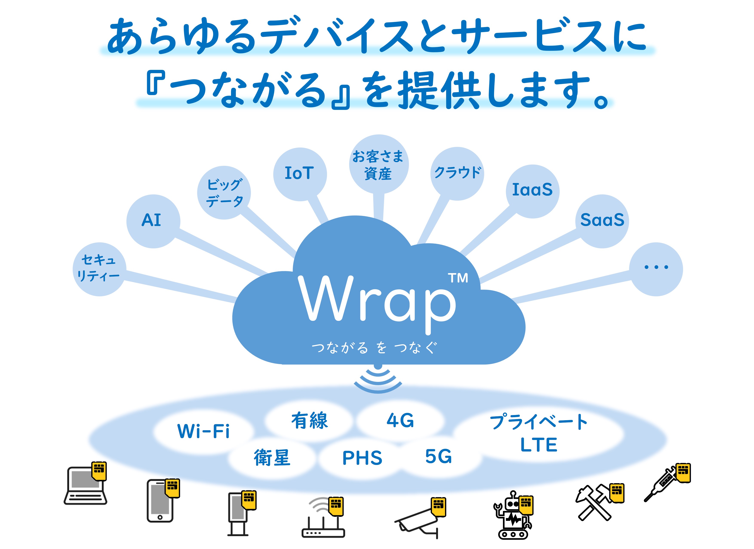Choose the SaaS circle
[602, 221]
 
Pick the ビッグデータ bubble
[224, 192]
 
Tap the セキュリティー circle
[99, 269]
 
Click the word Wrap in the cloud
[377, 301]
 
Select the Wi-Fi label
[203, 432]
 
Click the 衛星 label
[272, 458]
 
